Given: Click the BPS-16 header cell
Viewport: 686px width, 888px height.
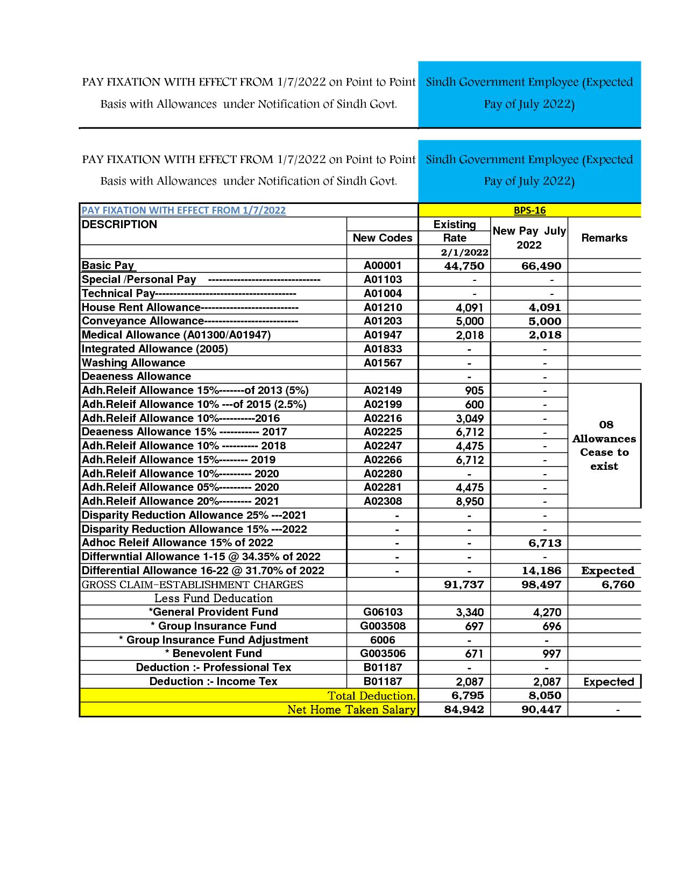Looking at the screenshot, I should pyautogui.click(x=529, y=210).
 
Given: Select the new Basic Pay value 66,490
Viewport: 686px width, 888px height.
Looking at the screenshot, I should pyautogui.click(x=541, y=266).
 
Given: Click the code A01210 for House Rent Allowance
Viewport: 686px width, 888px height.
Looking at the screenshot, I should pyautogui.click(x=383, y=307).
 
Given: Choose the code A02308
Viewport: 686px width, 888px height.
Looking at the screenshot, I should pyautogui.click(x=383, y=501).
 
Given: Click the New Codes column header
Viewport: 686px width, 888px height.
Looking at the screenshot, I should pyautogui.click(x=383, y=238).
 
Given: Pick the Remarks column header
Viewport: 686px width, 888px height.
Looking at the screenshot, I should pyautogui.click(x=604, y=238).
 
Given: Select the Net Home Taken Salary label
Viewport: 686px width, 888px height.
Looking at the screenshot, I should pyautogui.click(x=351, y=709).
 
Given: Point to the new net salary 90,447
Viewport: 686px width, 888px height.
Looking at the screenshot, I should pyautogui.click(x=541, y=709).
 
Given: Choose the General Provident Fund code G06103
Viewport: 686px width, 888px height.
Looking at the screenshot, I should pyautogui.click(x=383, y=612).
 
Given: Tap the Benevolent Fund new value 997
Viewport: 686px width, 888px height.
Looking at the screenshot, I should pyautogui.click(x=551, y=654).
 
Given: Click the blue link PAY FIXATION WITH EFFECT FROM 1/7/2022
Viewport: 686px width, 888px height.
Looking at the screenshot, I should pyautogui.click(x=183, y=210).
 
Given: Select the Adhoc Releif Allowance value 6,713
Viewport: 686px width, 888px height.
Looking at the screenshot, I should pyautogui.click(x=544, y=543).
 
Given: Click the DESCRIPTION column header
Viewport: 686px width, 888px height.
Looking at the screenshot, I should pyautogui.click(x=119, y=224).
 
